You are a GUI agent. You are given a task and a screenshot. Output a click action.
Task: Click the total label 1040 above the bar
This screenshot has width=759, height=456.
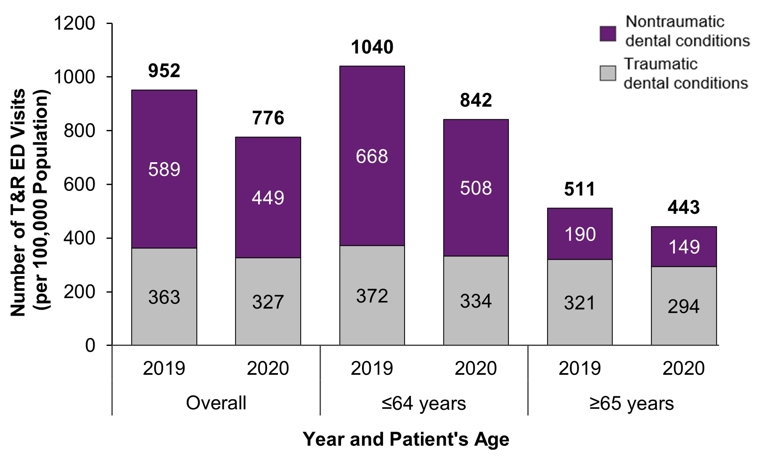[x=372, y=47]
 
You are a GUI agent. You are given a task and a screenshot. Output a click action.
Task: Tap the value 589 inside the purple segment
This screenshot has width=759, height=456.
[x=164, y=169]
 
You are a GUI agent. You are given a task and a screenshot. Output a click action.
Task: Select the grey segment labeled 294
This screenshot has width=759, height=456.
[x=683, y=306]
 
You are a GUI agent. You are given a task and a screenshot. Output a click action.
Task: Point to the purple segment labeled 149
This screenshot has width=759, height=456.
[x=683, y=247]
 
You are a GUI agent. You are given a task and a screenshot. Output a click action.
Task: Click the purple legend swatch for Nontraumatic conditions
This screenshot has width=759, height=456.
[x=608, y=34]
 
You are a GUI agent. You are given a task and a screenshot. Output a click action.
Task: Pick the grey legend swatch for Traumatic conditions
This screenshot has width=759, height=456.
[x=608, y=73]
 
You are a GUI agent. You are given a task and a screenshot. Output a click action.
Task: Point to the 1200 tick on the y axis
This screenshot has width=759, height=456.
[x=75, y=24]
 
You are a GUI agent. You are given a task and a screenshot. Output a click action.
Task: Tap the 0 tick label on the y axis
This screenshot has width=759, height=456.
[x=90, y=345]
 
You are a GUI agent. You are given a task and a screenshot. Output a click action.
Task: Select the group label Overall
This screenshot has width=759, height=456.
[x=216, y=403]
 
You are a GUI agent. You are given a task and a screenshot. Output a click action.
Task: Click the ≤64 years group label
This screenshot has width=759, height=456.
[x=423, y=403]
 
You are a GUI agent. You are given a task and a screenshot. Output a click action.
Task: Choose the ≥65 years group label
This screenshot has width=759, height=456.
[x=631, y=403]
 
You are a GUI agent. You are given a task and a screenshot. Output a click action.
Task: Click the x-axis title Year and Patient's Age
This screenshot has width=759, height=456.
[x=406, y=439]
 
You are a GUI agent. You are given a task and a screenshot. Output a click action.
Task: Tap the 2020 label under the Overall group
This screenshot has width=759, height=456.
[x=268, y=369]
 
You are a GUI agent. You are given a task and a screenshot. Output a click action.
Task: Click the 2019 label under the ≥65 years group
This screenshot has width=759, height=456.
[x=579, y=369]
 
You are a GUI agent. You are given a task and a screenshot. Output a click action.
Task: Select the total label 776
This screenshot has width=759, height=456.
[x=268, y=118]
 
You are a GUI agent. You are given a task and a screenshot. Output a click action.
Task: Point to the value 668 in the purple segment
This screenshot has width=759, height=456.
[x=372, y=157]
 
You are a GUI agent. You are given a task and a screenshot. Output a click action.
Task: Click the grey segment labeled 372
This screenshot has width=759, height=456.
[x=372, y=296]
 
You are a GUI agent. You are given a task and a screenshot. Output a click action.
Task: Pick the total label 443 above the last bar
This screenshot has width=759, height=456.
[x=683, y=207]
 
